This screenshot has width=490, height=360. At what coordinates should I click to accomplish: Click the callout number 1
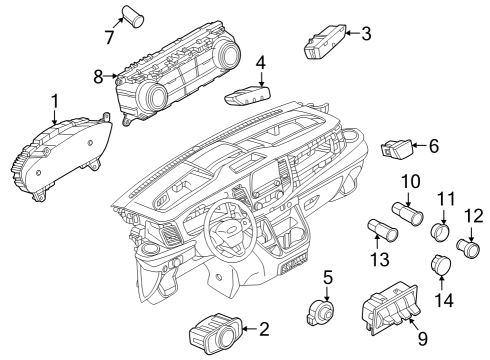pos(55,100)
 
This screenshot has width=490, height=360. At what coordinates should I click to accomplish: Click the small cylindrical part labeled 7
pos(130,14)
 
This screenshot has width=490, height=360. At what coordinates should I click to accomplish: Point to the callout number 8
pos(98,75)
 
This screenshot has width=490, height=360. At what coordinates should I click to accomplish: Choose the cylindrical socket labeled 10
pos(410,213)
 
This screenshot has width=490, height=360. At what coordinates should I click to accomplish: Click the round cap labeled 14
pos(440,265)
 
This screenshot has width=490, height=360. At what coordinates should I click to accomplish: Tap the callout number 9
pos(422,339)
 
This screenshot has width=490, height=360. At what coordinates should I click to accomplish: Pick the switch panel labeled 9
pos(389,305)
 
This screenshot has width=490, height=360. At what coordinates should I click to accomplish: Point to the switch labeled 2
pos(212,330)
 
